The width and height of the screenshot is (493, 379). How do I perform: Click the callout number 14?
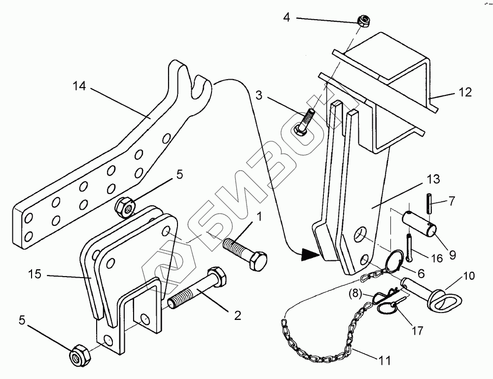79,87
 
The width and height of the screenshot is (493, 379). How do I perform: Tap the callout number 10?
469,276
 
